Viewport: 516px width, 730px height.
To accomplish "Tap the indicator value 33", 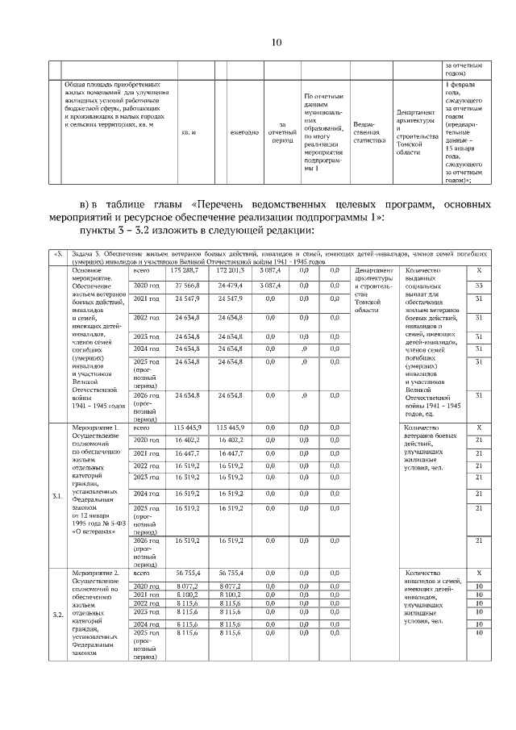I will (x=479, y=286).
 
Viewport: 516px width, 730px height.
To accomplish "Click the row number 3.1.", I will (x=57, y=496).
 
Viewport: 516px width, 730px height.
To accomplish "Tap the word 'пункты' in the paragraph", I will (x=101, y=232).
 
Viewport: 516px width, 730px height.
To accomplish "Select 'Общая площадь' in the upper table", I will (x=89, y=84).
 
